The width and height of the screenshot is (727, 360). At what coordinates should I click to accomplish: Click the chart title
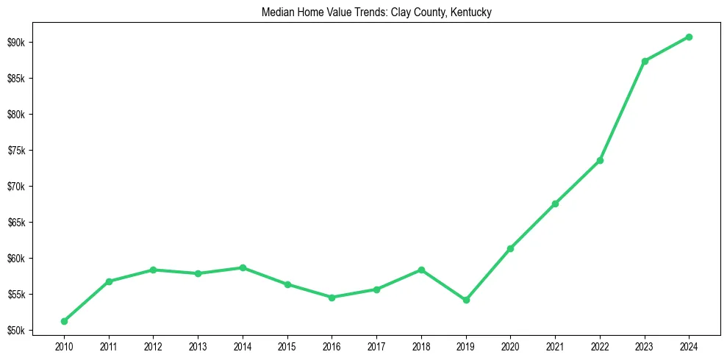click(x=376, y=12)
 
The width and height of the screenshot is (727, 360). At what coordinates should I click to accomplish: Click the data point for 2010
click(x=64, y=321)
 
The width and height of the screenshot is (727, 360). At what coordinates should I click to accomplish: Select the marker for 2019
click(x=466, y=300)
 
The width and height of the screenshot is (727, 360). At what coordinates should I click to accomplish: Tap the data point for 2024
click(x=689, y=37)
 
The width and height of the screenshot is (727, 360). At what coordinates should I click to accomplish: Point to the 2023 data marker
click(x=645, y=61)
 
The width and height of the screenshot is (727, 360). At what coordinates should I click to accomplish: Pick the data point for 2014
click(x=243, y=267)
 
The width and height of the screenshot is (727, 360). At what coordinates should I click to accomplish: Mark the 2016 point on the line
click(x=332, y=298)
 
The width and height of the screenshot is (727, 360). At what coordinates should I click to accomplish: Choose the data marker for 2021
click(x=555, y=204)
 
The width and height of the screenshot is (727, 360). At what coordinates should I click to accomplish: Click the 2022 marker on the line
click(x=600, y=160)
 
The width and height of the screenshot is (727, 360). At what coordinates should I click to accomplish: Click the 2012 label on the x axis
click(x=153, y=345)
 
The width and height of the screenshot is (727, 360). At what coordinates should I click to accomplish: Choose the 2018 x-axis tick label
click(x=421, y=345)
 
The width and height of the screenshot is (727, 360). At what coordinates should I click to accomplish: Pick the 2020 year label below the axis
click(x=510, y=345)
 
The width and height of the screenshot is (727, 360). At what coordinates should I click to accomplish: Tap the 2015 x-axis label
click(x=287, y=345)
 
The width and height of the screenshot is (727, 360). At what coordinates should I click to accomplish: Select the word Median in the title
click(x=276, y=12)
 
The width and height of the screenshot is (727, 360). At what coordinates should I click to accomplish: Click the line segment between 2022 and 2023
click(x=622, y=111)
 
